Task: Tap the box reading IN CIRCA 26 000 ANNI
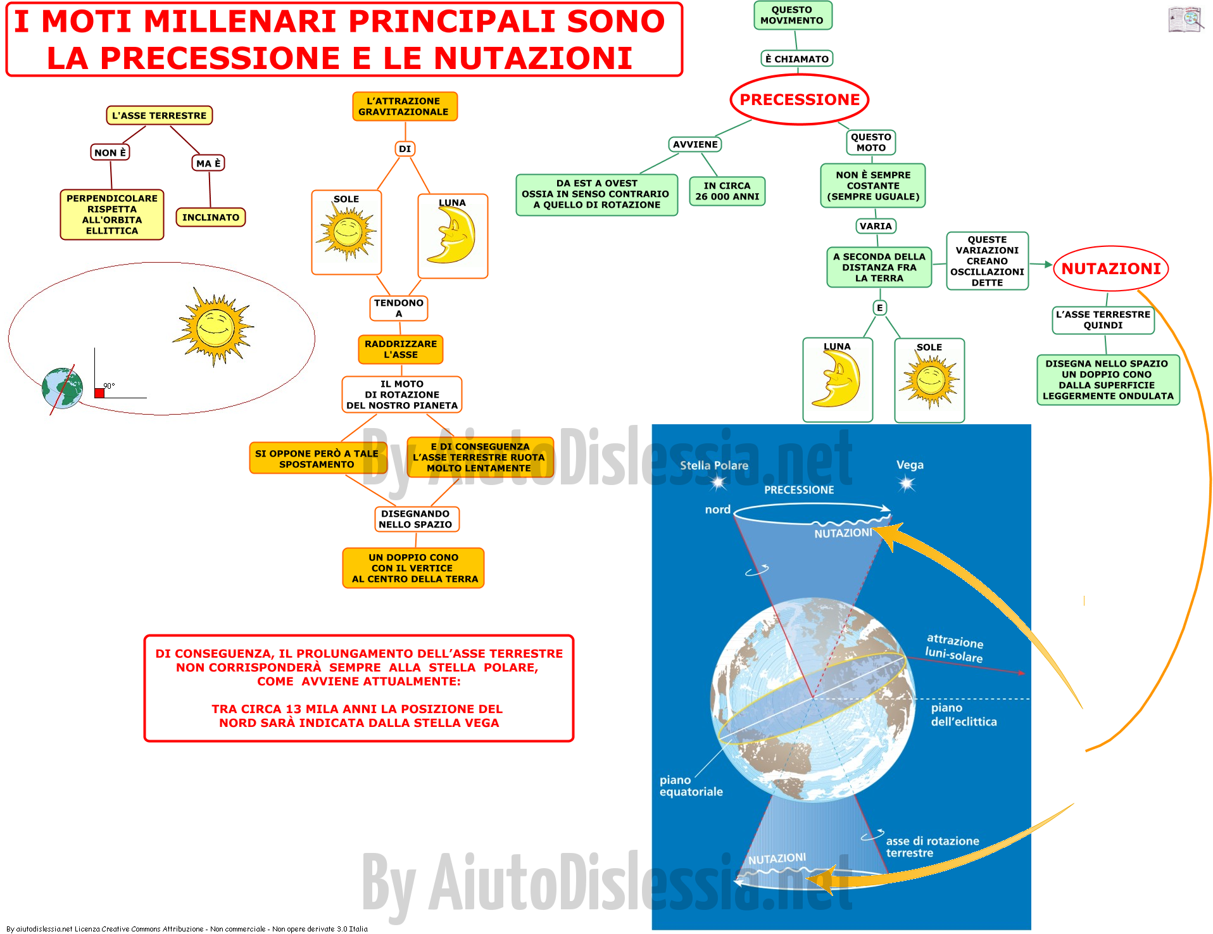727,191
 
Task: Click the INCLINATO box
210,217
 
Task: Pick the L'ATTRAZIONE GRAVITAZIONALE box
404,106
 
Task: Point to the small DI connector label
405,149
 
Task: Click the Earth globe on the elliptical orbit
62,388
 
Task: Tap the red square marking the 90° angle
99,393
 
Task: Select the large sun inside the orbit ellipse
213,327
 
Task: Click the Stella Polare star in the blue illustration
718,483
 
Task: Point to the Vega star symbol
907,484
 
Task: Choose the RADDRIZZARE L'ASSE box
401,350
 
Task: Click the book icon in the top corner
1185,19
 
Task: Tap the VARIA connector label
876,226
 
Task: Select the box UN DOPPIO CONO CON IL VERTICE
413,568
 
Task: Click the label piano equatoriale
691,786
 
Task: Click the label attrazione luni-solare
955,648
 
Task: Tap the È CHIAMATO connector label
796,59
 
